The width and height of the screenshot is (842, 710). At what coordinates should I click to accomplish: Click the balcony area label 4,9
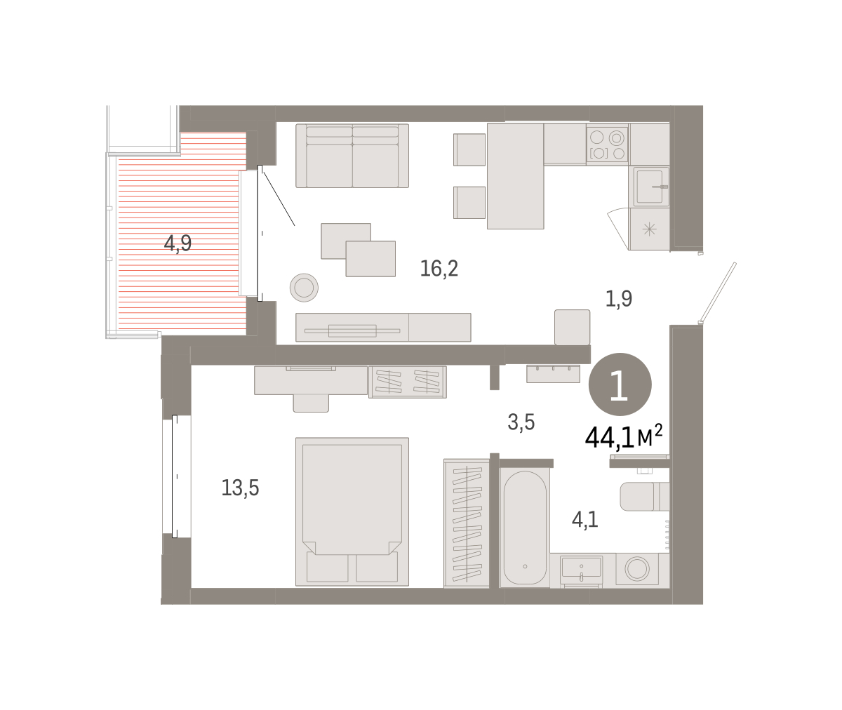coord(178,243)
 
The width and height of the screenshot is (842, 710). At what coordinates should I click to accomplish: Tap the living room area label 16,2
coord(439,268)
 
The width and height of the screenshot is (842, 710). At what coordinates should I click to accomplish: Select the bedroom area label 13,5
coord(241,488)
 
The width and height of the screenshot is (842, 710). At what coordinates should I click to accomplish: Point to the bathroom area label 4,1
coord(585,519)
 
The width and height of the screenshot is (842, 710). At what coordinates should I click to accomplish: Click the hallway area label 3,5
coord(521,422)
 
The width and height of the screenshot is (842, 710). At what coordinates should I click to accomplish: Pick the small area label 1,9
coord(619,299)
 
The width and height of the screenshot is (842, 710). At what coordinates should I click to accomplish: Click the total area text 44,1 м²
coord(624,437)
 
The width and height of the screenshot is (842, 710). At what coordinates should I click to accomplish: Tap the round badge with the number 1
coord(620,384)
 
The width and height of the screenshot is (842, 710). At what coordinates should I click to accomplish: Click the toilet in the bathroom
coord(644,496)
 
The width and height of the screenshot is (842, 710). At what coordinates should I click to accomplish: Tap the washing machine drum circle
coord(637,569)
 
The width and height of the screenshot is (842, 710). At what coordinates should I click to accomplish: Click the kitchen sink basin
coord(650,187)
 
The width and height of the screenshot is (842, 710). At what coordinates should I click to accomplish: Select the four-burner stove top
coord(608,145)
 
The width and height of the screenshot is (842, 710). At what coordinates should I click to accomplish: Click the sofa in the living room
coord(352,156)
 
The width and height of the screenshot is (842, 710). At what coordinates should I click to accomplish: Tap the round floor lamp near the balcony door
coord(304,288)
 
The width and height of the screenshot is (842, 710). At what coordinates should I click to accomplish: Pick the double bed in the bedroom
coord(352,511)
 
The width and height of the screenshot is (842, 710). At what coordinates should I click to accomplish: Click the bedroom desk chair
coord(311,403)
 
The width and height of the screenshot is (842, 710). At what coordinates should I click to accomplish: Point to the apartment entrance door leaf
coord(718,293)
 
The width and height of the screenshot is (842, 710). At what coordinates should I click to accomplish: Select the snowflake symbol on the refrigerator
coord(649,229)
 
